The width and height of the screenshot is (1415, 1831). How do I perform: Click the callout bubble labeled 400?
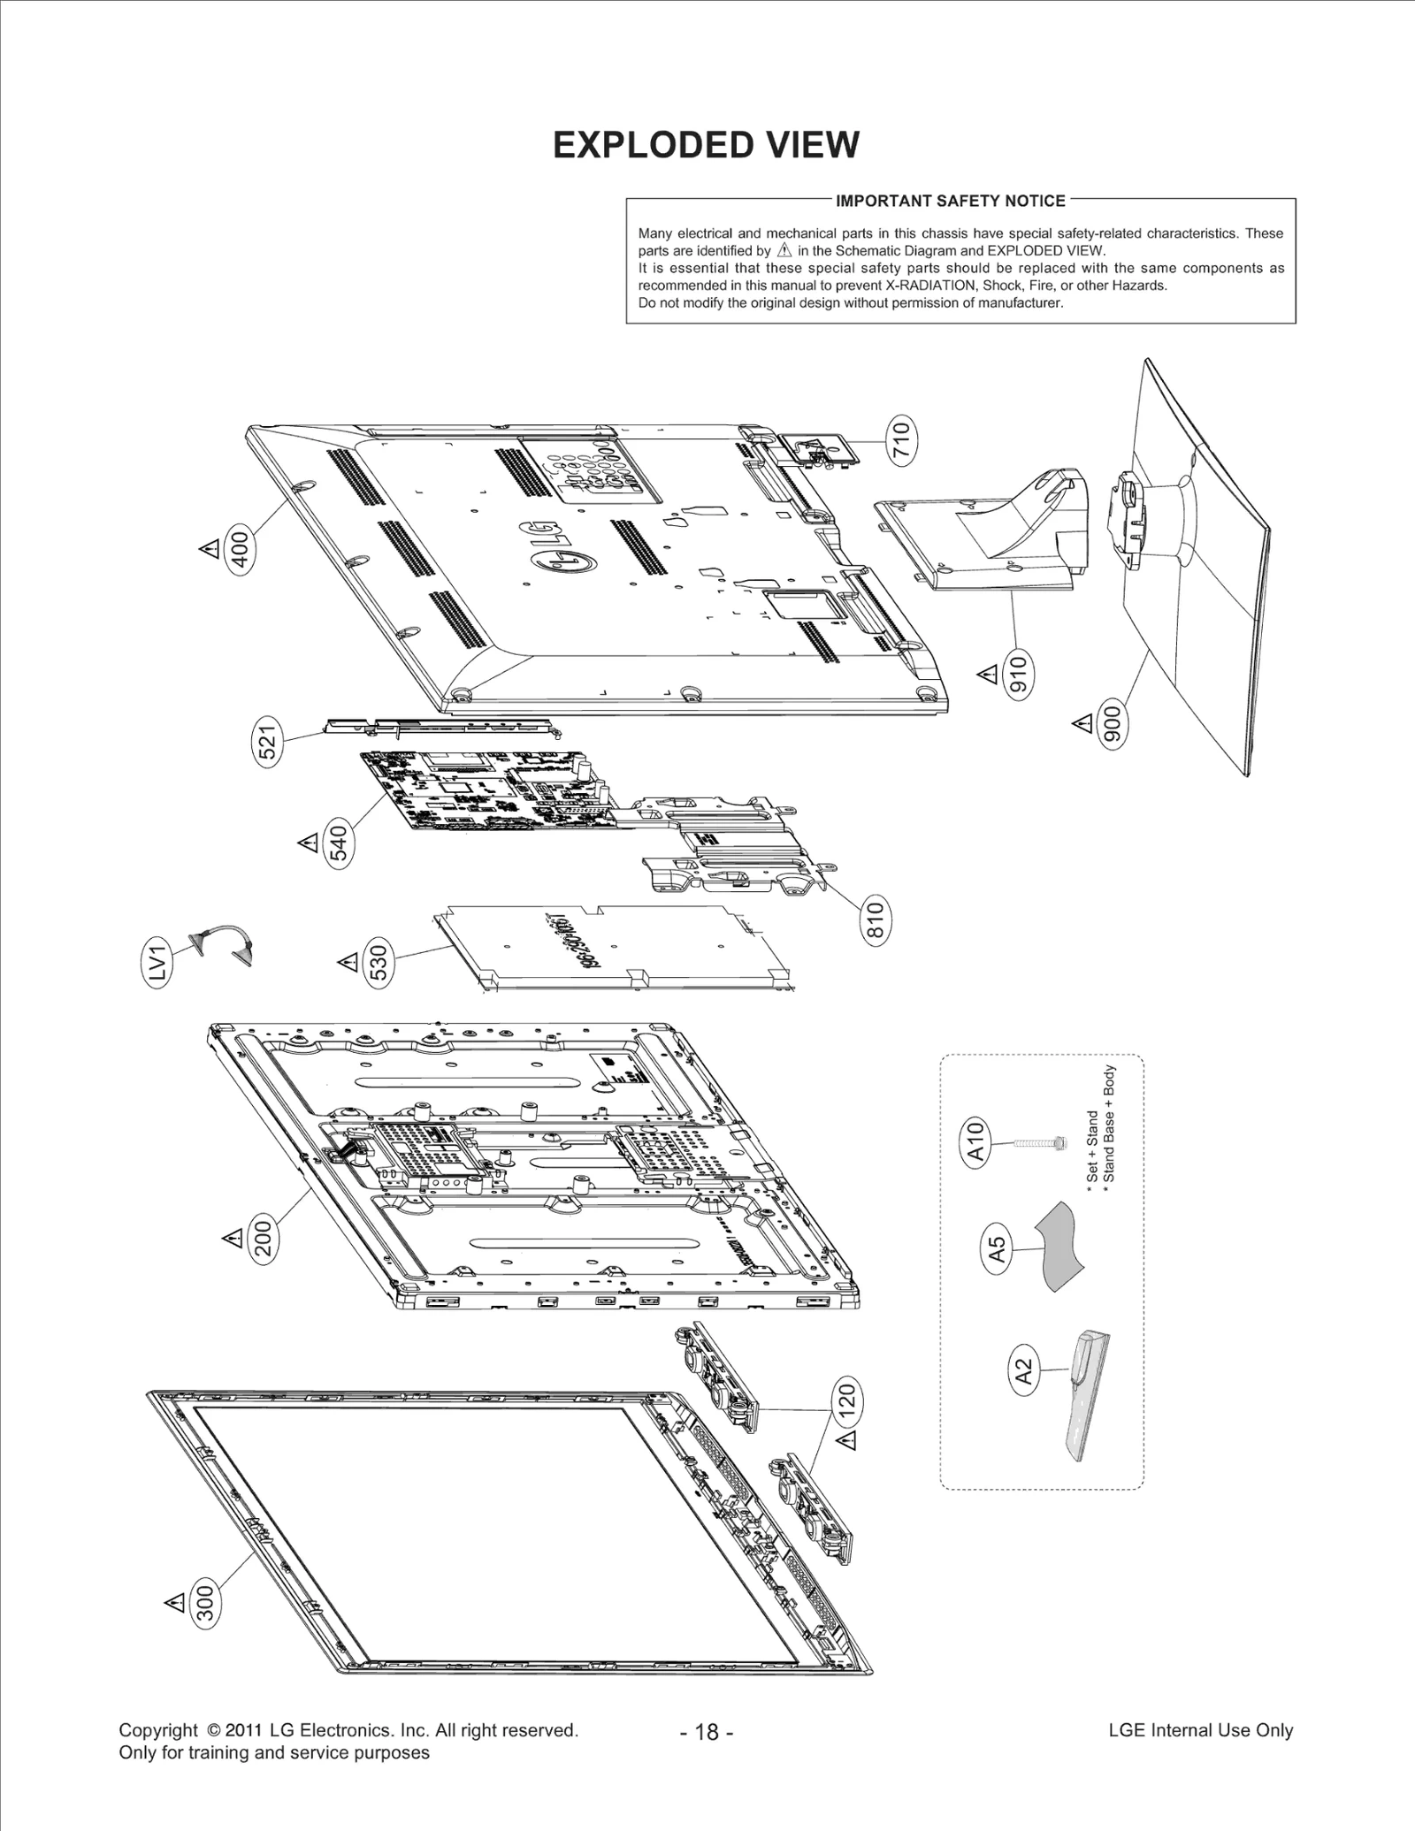[x=240, y=549]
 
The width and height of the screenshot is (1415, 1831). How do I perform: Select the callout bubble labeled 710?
[x=900, y=440]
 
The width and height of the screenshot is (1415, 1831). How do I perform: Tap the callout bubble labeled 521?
[x=269, y=739]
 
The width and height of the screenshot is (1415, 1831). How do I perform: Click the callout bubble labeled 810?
[x=875, y=921]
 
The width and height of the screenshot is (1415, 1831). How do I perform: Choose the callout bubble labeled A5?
[x=997, y=1248]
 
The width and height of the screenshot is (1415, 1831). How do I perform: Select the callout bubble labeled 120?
[x=845, y=1400]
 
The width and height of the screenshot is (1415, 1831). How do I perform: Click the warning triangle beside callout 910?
[x=987, y=675]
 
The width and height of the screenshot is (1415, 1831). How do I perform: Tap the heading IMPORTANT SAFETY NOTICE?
[x=951, y=201]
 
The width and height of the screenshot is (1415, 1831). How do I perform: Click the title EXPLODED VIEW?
[x=706, y=145]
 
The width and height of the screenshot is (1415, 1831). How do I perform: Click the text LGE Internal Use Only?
[x=1200, y=1730]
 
